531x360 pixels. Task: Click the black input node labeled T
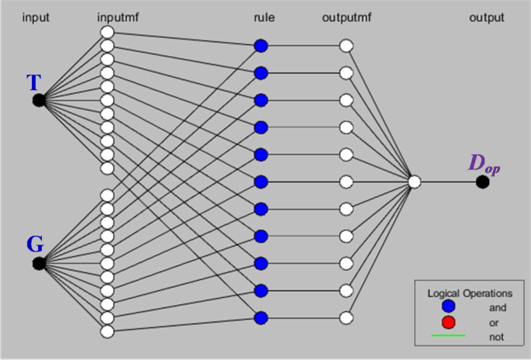tap(39, 100)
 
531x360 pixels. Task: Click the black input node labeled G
tap(39, 263)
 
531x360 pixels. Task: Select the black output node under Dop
tap(483, 182)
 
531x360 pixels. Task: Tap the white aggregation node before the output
tap(415, 182)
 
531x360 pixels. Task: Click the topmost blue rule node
tap(260, 46)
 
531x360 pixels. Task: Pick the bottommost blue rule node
tap(260, 318)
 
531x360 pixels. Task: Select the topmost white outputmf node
tap(346, 46)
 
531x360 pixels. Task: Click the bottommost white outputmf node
tap(346, 318)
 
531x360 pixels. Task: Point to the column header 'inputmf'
tap(118, 17)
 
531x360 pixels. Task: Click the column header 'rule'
tap(264, 17)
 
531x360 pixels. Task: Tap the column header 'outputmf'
tap(347, 17)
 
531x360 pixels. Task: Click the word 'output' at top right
tap(487, 18)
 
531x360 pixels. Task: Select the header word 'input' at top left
tap(36, 17)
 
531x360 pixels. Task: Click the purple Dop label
tap(484, 165)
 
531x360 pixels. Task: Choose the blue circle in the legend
tap(448, 306)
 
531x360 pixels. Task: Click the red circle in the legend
tap(448, 322)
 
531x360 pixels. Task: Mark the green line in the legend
tap(448, 336)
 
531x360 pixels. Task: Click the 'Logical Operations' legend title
tap(470, 293)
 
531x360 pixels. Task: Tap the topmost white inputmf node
tap(107, 33)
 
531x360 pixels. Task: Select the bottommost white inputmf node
tap(107, 331)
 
